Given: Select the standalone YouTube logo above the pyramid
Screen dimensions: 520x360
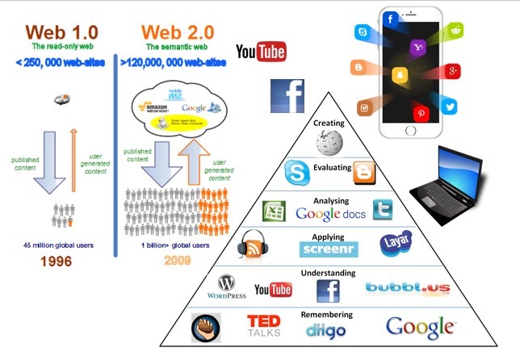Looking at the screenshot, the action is coord(261,53).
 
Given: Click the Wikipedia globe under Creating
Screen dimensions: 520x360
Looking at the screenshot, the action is coord(329,142).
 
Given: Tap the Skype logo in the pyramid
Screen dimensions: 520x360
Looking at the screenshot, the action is coord(297,173).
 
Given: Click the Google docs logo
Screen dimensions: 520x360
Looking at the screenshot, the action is coord(330,214).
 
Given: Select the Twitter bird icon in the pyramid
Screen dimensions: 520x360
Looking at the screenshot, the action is coord(382,210).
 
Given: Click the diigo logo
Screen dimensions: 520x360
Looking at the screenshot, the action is coord(326,329).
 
